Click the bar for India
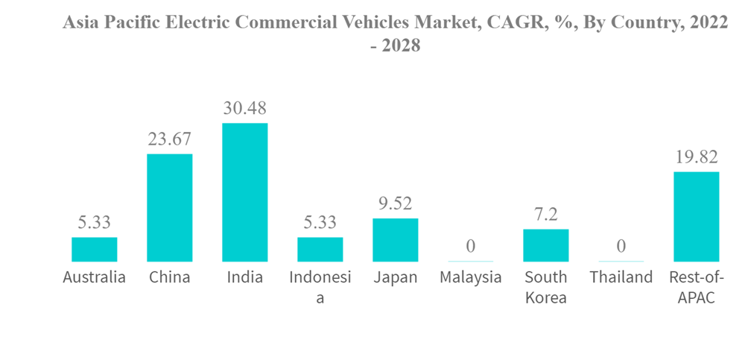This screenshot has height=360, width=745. click(x=245, y=192)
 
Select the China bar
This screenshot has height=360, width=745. click(x=170, y=208)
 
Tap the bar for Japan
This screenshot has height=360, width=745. click(x=396, y=240)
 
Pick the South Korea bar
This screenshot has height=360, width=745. click(x=546, y=245)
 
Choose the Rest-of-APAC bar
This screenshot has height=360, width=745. click(x=697, y=217)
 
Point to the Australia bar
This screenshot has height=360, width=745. click(x=95, y=250)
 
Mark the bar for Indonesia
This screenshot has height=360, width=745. click(x=320, y=250)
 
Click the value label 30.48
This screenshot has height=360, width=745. click(x=245, y=108)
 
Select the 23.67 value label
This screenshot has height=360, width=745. click(x=170, y=139)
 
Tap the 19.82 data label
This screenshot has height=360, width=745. click(x=697, y=157)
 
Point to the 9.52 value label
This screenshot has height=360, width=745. click(x=396, y=203)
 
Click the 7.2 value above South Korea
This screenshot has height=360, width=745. click(x=546, y=215)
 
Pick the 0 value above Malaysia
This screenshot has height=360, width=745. click(x=471, y=247)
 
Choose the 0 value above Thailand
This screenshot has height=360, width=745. click(x=621, y=247)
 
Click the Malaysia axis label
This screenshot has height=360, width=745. click(x=471, y=278)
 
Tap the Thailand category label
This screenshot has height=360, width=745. click(x=621, y=278)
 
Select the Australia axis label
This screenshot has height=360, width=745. click(x=95, y=278)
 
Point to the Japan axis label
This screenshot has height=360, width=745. click(x=396, y=278)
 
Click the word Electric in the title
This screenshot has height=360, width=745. click(x=195, y=22)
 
